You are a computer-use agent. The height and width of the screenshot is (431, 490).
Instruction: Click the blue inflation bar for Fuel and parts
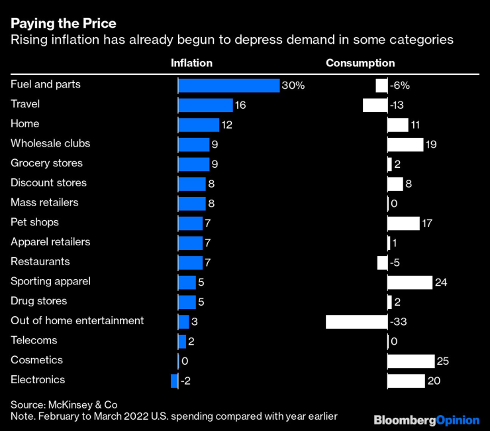(229, 86)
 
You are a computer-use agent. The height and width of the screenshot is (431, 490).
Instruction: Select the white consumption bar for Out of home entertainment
(357, 322)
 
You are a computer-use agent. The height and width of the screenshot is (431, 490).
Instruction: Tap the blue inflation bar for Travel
(206, 105)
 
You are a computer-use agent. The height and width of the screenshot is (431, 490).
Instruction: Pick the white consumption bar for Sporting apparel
(410, 282)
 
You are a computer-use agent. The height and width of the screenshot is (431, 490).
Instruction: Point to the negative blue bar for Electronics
(175, 381)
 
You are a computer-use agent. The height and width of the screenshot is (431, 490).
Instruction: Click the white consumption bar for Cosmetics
(411, 361)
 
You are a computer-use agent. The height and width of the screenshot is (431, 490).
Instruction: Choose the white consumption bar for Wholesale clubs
(405, 145)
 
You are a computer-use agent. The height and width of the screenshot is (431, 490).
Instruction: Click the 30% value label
(293, 86)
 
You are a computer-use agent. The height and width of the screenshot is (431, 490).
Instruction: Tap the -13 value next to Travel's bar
(398, 105)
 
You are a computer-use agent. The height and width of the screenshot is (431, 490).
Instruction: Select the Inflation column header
(191, 63)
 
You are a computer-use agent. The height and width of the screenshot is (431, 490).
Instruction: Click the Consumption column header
(360, 63)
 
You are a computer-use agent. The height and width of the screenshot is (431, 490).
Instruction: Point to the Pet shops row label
(35, 222)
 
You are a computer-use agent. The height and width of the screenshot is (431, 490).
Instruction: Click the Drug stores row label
(38, 301)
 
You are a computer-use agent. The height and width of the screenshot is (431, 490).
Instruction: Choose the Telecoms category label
(34, 340)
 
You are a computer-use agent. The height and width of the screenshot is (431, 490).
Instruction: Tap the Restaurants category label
(40, 261)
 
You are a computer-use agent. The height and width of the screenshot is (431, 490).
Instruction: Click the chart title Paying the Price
(64, 24)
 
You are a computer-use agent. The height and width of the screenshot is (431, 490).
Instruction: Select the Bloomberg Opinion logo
(426, 420)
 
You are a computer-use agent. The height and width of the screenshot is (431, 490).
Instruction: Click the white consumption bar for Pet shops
(403, 223)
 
